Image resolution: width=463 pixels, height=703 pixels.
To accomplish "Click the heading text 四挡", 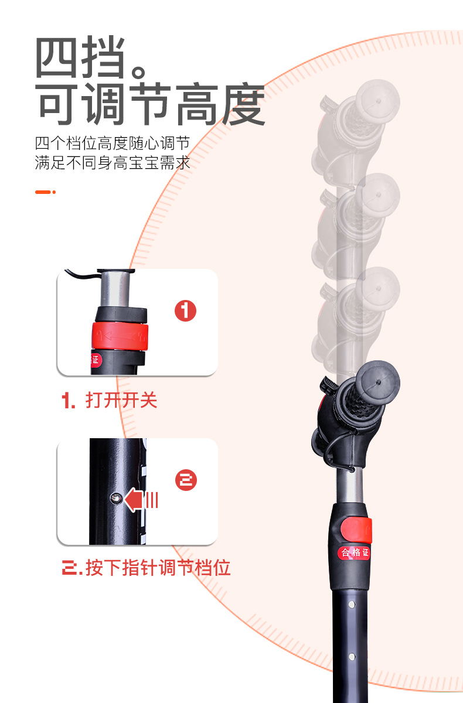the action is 80,57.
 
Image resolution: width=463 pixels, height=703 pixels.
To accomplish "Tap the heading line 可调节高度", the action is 151,104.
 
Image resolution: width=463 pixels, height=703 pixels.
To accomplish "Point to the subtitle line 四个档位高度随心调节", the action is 113,144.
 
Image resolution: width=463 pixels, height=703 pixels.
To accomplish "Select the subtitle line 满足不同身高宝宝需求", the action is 113,163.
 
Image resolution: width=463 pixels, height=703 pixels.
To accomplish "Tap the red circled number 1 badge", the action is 186,310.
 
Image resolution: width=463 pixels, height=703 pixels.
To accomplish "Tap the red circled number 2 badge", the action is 186,480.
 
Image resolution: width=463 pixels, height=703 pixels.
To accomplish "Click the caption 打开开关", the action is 121,400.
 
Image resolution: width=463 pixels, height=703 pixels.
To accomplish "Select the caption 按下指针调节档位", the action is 158,568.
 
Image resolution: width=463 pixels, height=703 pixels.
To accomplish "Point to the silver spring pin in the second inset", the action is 116,498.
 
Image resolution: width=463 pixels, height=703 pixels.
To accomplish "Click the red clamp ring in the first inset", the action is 120,336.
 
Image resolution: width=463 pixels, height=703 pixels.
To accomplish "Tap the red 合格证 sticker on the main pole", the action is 355,552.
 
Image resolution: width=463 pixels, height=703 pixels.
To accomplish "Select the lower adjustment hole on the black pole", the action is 352,657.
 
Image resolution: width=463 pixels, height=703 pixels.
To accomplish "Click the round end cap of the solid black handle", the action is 378,382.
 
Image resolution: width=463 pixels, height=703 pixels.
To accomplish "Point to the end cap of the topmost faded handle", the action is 378,101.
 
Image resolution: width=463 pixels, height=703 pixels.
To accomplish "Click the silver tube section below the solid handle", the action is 349,485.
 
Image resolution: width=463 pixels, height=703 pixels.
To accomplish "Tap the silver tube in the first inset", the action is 115,289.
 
